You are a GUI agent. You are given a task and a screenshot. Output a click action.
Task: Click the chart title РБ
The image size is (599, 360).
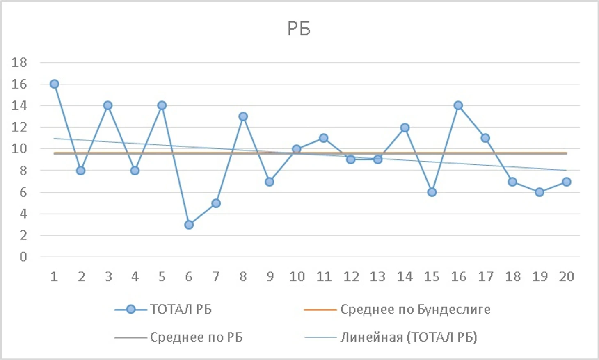(x=299, y=29)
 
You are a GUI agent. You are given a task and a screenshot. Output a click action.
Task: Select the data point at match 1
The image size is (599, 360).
(x=54, y=84)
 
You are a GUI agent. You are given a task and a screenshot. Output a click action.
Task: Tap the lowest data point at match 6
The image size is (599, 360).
(x=189, y=225)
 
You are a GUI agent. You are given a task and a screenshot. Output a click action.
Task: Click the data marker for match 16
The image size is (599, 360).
(x=458, y=105)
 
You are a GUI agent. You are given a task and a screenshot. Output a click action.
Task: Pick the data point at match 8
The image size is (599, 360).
(x=243, y=116)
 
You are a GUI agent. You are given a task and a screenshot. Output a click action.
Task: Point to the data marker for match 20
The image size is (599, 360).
(x=566, y=182)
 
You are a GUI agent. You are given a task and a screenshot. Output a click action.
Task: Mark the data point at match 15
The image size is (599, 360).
(x=432, y=192)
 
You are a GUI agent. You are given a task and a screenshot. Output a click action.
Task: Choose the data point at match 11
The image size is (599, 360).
(x=324, y=138)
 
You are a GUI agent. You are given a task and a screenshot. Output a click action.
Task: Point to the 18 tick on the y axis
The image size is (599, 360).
(x=19, y=63)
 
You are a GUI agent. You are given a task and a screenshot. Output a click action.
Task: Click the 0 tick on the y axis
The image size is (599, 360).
(x=23, y=257)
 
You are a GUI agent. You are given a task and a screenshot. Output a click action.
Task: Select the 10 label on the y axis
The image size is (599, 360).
(x=19, y=149)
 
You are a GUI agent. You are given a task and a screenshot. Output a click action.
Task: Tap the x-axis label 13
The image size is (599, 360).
(x=377, y=277)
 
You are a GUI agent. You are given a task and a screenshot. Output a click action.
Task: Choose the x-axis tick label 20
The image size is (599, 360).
(x=566, y=277)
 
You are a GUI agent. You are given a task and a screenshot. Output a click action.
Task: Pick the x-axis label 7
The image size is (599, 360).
(x=216, y=277)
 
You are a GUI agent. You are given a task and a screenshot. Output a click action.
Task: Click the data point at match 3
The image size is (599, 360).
(x=108, y=105)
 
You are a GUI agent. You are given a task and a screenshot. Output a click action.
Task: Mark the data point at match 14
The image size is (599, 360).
(x=405, y=128)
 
